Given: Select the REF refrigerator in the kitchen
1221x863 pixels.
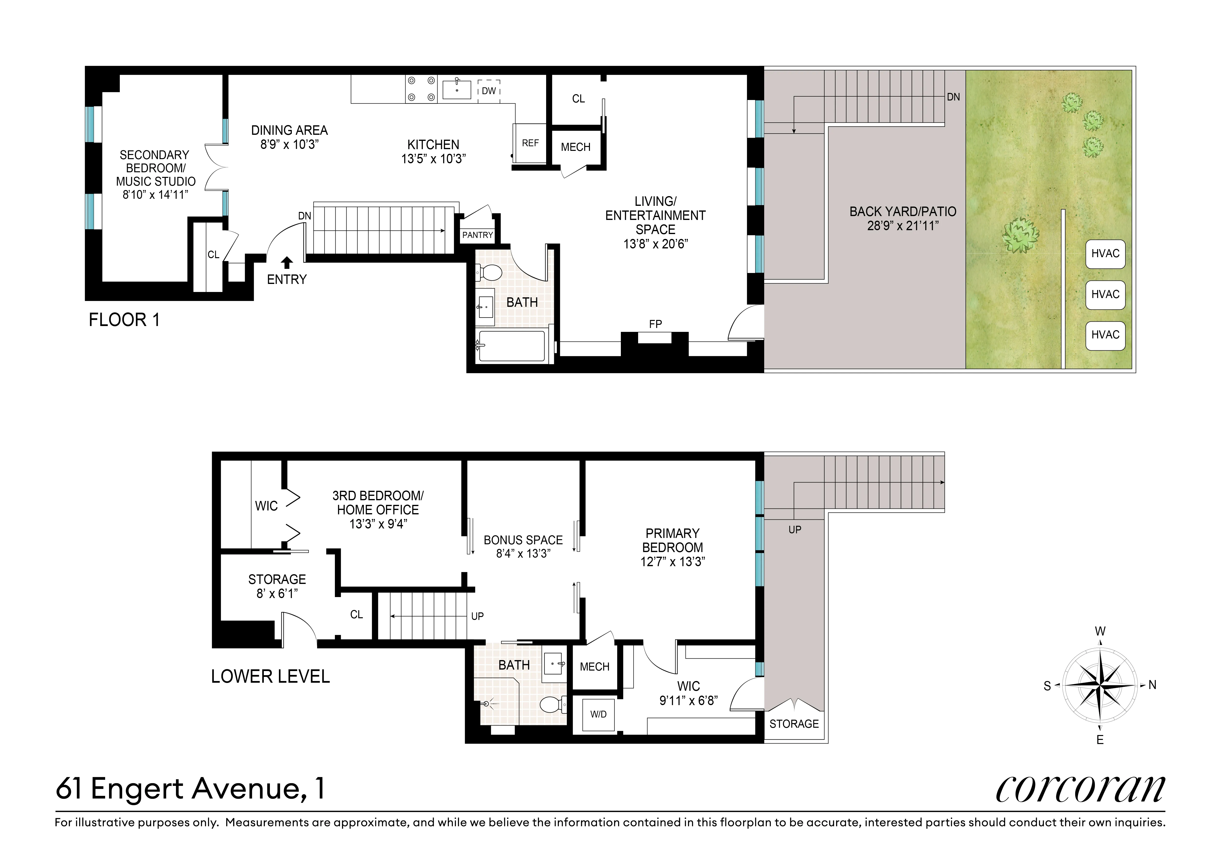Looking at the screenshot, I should click(530, 143).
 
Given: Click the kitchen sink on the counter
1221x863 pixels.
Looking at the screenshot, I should click(457, 89).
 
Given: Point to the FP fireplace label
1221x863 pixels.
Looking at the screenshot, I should click(655, 324).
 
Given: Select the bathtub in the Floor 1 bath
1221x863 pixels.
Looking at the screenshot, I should click(512, 346).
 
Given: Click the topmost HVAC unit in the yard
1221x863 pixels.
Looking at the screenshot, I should click(1105, 254).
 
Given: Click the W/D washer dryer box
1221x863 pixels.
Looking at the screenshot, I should click(598, 714).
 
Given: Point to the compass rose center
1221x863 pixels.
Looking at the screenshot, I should click(1100, 685).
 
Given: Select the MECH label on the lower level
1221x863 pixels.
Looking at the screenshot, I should click(595, 667).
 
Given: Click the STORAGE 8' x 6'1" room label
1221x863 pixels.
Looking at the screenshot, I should click(277, 586).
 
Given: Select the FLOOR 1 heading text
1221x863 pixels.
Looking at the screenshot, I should click(124, 320).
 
